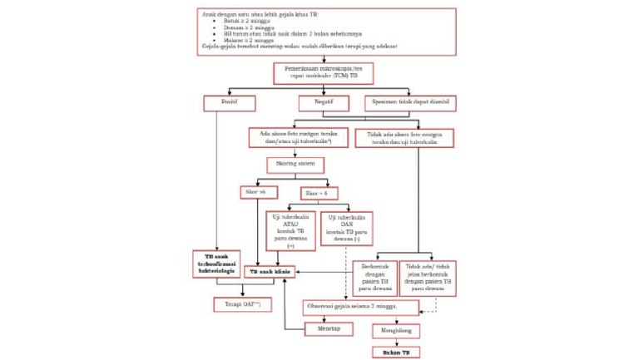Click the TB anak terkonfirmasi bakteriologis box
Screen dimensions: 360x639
[215, 263]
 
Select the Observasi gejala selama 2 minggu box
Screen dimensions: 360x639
[360, 307]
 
